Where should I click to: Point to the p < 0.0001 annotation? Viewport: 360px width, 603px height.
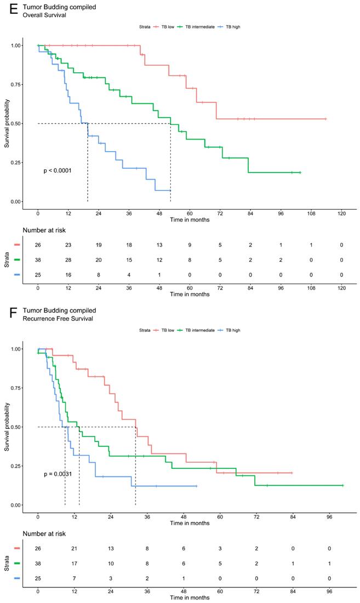(58, 171)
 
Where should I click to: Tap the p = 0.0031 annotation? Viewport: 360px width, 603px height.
(58, 474)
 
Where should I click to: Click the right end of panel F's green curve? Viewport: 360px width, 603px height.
(342, 485)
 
